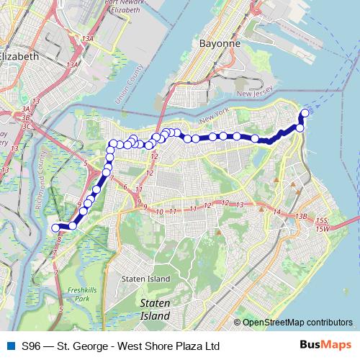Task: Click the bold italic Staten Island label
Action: [155, 310]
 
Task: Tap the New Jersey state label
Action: [255, 94]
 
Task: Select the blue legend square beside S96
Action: [9, 346]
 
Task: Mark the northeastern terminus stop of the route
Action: [305, 113]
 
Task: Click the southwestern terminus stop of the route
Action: [54, 228]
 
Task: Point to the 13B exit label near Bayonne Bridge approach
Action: [300, 216]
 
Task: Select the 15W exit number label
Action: [322, 228]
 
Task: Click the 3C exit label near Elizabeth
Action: [27, 125]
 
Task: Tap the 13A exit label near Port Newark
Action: [89, 38]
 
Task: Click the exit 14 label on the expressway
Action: [277, 212]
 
